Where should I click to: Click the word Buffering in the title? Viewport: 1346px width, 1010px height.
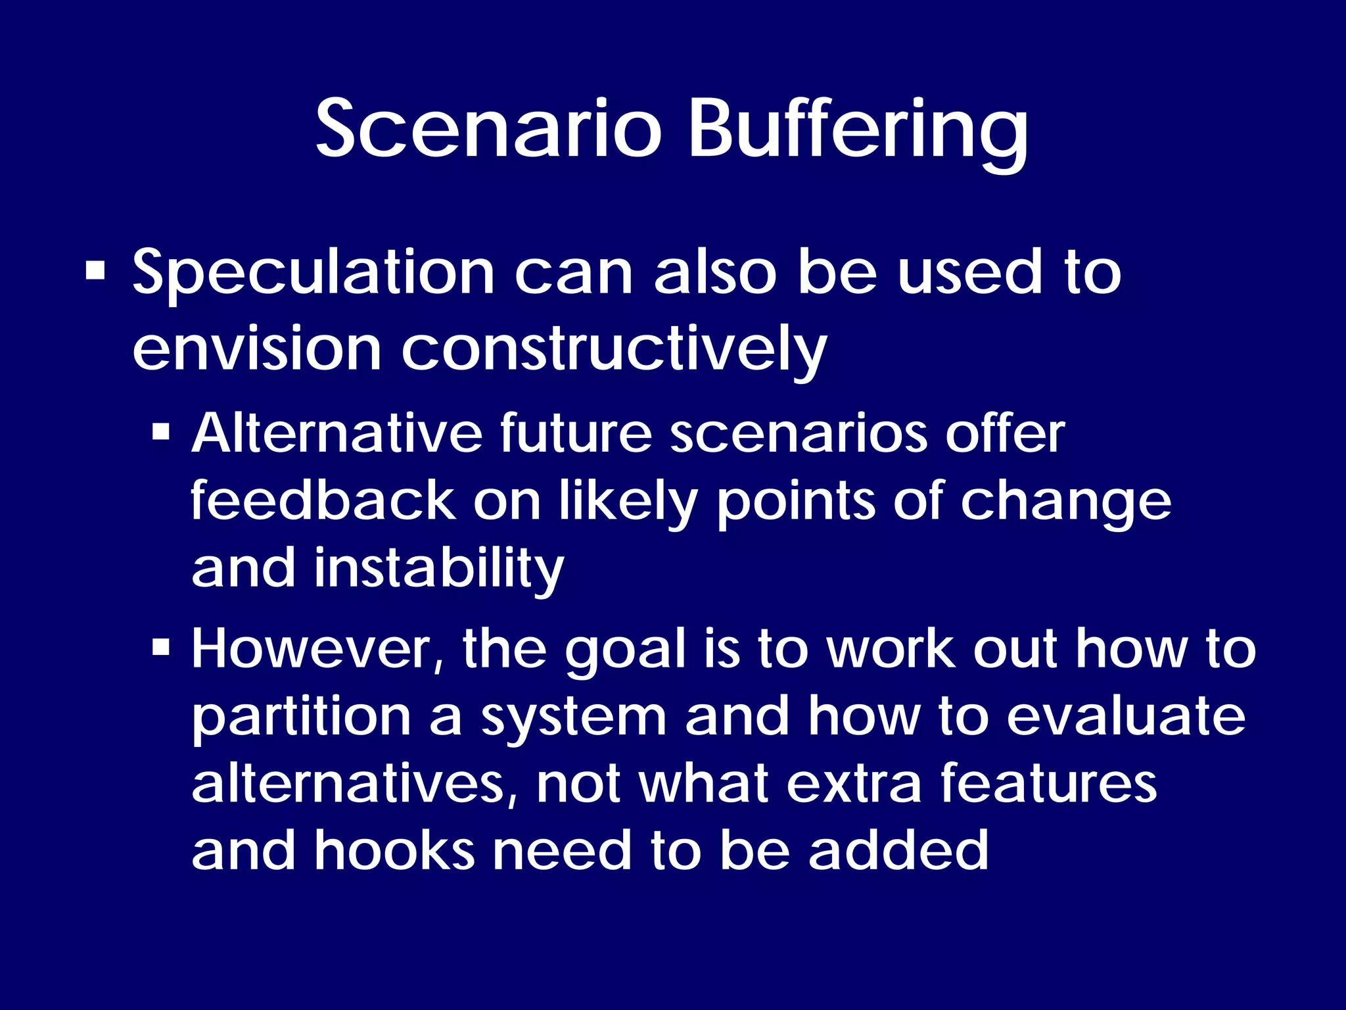coord(858,132)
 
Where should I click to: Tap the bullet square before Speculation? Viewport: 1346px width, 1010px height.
coord(95,271)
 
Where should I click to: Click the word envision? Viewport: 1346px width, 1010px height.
coord(257,349)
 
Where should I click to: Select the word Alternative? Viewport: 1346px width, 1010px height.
coord(336,433)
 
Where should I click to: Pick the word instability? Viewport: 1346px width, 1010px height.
coord(438,569)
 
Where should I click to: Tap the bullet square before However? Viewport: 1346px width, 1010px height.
coord(161,648)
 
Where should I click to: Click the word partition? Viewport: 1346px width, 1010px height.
coord(301,718)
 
